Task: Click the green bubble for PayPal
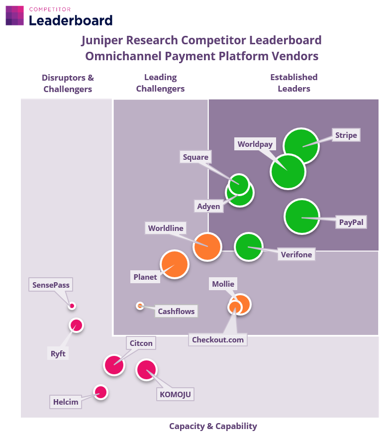pos(302,217)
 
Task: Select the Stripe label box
pos(346,135)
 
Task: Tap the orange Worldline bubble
pos(207,247)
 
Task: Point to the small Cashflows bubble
pos(140,306)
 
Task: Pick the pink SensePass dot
pos(72,306)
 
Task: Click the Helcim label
pos(66,402)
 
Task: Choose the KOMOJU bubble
pos(146,370)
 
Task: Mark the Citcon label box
pos(141,343)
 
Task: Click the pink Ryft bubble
pos(76,326)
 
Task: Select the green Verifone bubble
pos(248,247)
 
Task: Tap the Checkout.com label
pos(218,339)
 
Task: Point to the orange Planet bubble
pos(175,264)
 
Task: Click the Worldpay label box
pos(255,144)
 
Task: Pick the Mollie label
pos(223,284)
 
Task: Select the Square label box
pos(195,157)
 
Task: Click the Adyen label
pos(209,207)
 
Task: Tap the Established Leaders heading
pos(294,83)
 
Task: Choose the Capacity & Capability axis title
pos(213,426)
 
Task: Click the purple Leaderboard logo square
pos(14,16)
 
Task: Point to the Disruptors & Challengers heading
pos(68,83)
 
